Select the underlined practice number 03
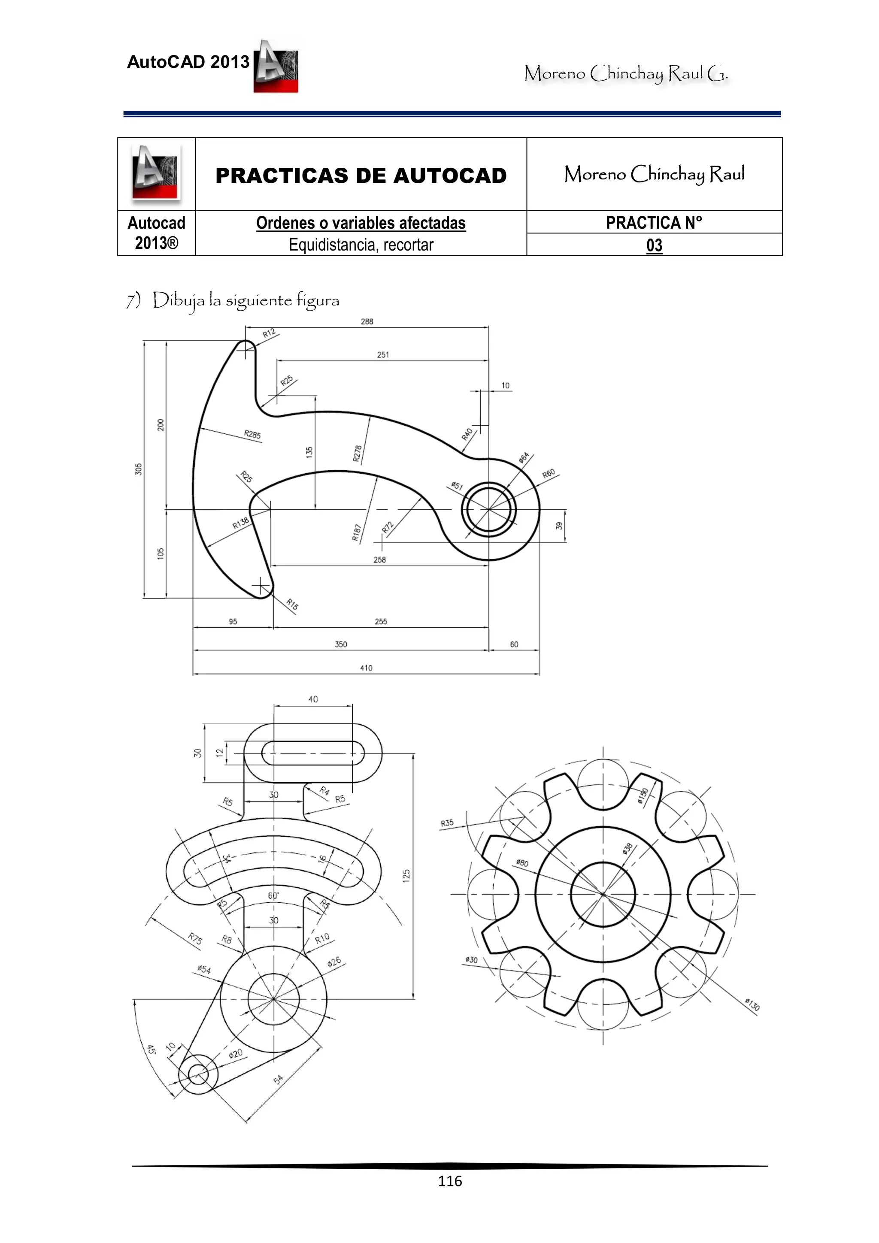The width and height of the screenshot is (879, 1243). coord(654,245)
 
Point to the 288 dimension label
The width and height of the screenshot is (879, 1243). coord(367,321)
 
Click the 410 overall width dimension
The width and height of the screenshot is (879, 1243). coord(366,668)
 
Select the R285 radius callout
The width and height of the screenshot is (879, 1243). coord(252,434)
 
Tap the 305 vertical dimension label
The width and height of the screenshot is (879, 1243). coord(139,469)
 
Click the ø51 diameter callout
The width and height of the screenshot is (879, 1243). coord(457,486)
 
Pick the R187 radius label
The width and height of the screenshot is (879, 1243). coord(356,532)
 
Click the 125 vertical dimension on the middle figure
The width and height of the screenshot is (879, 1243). coord(406,875)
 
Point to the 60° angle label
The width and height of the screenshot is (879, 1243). coord(273,895)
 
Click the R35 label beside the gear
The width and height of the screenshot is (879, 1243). coord(447,823)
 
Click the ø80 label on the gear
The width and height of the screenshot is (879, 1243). coord(522,862)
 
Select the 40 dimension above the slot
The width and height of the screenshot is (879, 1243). coord(313,699)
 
